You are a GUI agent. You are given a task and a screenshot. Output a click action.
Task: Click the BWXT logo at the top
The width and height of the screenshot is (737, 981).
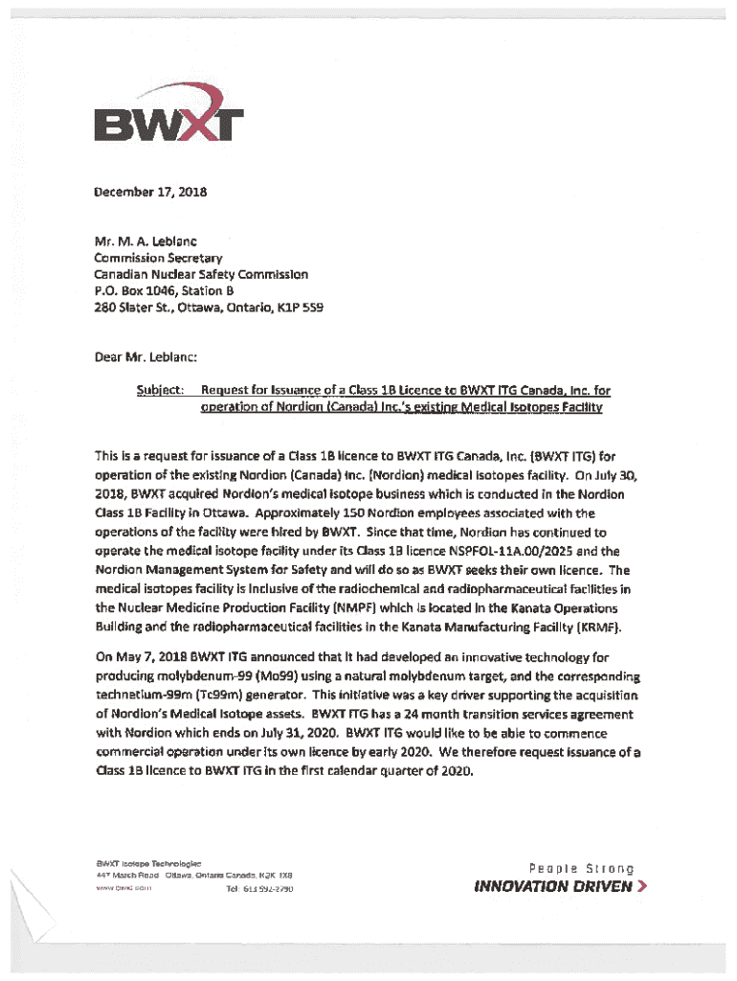[x=168, y=119]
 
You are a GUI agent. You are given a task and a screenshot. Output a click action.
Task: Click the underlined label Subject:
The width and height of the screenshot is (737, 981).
[x=161, y=390]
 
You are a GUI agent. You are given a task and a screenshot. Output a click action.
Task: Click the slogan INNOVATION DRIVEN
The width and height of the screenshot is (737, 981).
[x=553, y=886]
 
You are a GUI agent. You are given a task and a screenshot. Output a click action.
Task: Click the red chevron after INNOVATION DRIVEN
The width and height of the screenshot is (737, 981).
[x=643, y=886]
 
